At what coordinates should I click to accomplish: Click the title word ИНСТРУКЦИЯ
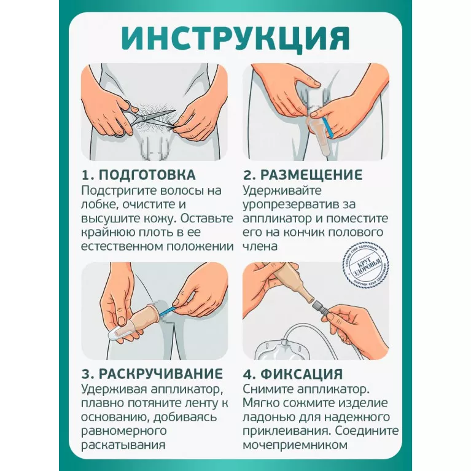tap(236, 39)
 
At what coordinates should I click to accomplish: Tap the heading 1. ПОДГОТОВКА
tap(139, 175)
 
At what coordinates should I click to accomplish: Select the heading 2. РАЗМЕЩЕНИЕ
tap(303, 175)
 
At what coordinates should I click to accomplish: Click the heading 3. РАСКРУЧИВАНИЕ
tap(152, 374)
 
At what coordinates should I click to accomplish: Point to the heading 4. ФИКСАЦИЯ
tap(293, 374)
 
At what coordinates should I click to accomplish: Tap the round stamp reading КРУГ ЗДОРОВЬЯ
tap(367, 265)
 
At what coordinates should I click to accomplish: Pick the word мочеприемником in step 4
tap(295, 445)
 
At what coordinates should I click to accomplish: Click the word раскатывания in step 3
tap(123, 445)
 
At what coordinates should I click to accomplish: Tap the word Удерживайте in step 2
tap(282, 191)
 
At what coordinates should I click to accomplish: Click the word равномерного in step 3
tap(124, 431)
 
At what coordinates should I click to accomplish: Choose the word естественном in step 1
tap(122, 247)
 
